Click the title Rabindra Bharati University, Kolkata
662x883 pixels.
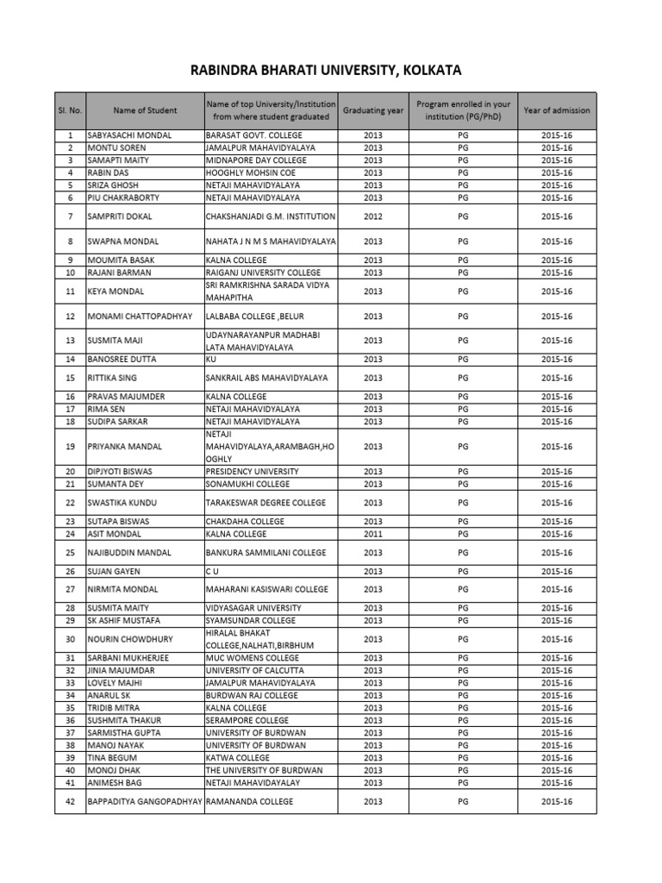pyautogui.click(x=332, y=71)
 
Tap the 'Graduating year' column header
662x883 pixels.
pyautogui.click(x=372, y=110)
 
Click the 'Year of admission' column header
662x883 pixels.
pyautogui.click(x=557, y=110)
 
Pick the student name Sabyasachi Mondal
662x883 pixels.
pyautogui.click(x=130, y=136)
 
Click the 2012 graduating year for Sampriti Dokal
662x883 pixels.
pyautogui.click(x=372, y=216)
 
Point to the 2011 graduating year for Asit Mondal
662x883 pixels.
pyautogui.click(x=372, y=534)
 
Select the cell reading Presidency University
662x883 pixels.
pyautogui.click(x=253, y=472)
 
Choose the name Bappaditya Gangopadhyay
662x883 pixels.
pyautogui.click(x=145, y=802)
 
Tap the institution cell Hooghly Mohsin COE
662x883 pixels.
pyautogui.click(x=250, y=172)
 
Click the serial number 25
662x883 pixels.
pyautogui.click(x=70, y=553)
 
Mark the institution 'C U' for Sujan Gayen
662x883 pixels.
pyautogui.click(x=211, y=571)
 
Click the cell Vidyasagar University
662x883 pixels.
pyautogui.click(x=253, y=608)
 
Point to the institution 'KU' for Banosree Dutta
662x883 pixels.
pyautogui.click(x=211, y=359)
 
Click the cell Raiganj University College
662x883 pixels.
pyautogui.click(x=262, y=272)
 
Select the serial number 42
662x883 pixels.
pyautogui.click(x=70, y=802)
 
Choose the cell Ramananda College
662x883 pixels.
pyautogui.click(x=249, y=802)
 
